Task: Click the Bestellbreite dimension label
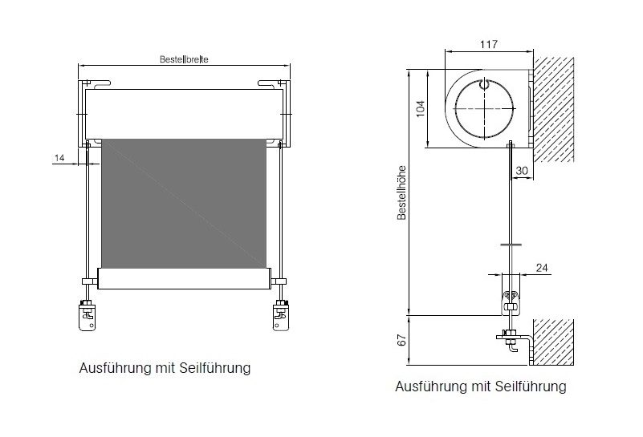click(x=185, y=59)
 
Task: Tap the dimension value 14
click(x=59, y=158)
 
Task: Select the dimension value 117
click(x=489, y=45)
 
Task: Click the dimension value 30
click(x=523, y=170)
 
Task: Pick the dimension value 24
click(x=541, y=268)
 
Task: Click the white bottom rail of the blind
click(x=184, y=279)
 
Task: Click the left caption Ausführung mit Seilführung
click(x=165, y=369)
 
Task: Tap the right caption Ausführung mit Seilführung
click(x=480, y=386)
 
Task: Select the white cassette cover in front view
click(x=184, y=112)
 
